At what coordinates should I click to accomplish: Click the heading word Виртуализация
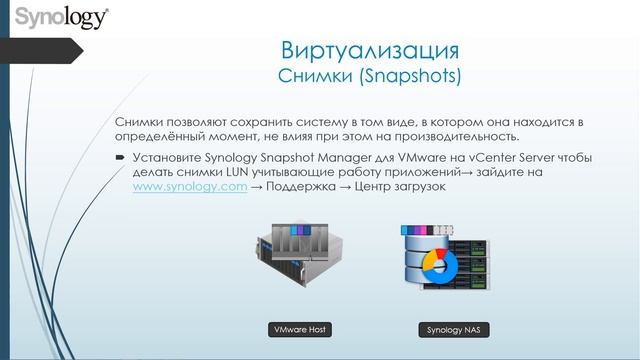coord(370,51)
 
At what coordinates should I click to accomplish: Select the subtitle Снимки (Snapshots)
coord(370,75)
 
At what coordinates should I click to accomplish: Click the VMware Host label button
coord(300,329)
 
